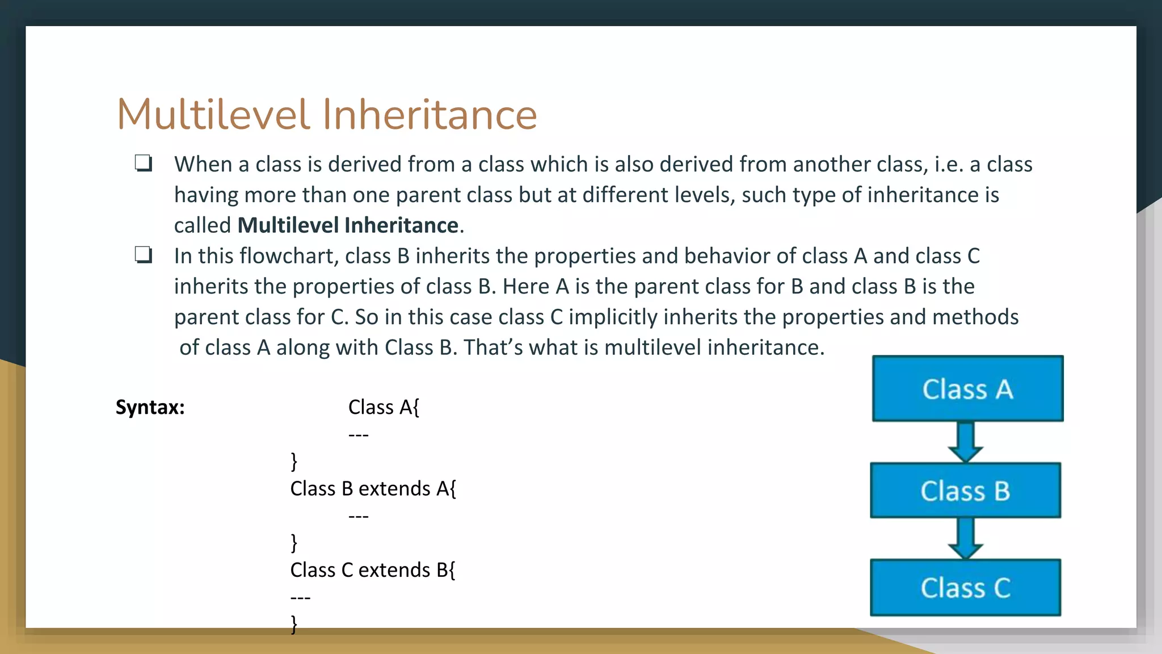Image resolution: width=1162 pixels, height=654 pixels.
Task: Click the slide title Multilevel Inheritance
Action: [326, 115]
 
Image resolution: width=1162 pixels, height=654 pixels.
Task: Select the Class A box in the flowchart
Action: [967, 389]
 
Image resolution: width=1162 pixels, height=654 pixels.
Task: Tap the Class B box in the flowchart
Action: [965, 491]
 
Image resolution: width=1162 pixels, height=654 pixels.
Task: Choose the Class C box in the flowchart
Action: [965, 588]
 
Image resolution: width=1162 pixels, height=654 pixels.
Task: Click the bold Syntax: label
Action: [150, 407]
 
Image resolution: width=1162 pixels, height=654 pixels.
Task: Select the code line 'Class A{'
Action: [384, 407]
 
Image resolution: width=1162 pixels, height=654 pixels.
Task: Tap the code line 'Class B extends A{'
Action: [373, 488]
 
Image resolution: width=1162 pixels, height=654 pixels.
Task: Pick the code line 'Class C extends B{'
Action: [372, 569]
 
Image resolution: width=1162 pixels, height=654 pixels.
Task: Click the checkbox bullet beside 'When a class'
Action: [143, 163]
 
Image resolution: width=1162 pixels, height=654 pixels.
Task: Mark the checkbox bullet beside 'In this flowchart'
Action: [143, 255]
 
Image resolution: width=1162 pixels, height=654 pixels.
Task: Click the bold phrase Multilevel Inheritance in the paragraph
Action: [348, 225]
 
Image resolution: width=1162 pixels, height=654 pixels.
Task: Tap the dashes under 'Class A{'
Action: [359, 435]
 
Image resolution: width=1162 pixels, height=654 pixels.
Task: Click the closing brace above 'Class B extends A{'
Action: [293, 461]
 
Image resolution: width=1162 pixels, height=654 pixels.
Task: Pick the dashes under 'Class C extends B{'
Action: [300, 598]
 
